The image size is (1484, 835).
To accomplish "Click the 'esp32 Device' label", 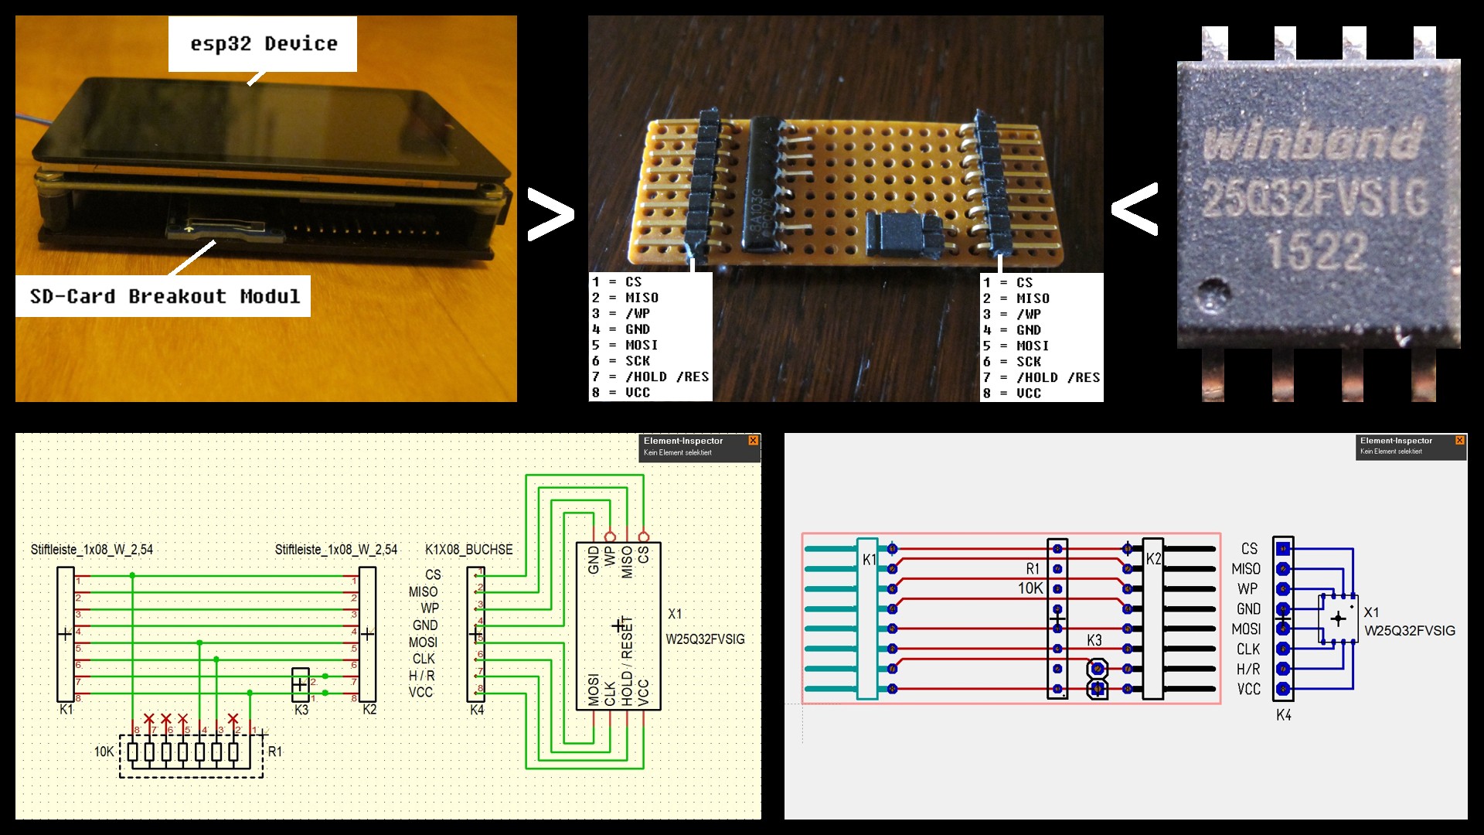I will [x=264, y=44].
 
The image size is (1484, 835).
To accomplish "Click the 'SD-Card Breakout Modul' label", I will [x=164, y=296].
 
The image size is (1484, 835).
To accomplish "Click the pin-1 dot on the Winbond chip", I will [x=1212, y=295].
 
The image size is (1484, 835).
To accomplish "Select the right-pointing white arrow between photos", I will [x=550, y=214].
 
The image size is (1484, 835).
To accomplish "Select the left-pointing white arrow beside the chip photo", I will [x=1135, y=209].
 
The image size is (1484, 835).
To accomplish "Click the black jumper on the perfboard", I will [x=903, y=233].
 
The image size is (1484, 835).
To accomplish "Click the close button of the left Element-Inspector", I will [x=753, y=441].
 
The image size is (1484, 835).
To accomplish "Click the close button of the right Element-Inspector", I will [x=1459, y=441].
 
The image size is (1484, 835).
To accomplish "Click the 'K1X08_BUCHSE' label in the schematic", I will [x=468, y=550].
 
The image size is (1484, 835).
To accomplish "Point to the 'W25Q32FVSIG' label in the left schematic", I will [x=705, y=639].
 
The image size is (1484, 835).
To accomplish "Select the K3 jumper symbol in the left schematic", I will [x=301, y=684].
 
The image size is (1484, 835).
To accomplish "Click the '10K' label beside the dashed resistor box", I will [x=104, y=751].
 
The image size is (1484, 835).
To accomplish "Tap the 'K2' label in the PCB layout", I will [x=1153, y=559].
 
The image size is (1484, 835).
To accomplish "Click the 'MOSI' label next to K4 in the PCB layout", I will [x=1246, y=629].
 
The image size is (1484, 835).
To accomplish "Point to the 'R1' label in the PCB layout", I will [x=1033, y=569].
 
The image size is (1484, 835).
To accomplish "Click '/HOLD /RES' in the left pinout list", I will [x=667, y=377].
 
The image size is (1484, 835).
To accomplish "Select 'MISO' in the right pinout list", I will [x=1033, y=298].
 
